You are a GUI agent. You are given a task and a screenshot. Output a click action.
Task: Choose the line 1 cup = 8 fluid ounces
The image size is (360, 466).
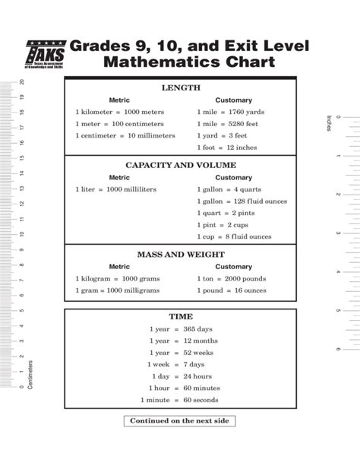tap(234, 236)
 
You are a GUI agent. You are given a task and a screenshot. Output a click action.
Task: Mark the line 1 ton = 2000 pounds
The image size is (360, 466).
tap(229, 279)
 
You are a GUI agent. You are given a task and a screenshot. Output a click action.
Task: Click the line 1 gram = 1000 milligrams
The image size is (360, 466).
tap(117, 290)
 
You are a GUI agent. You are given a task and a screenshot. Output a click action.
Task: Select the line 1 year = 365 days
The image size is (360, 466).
tap(183, 328)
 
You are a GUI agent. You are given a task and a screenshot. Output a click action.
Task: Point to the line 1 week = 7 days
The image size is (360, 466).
tap(183, 364)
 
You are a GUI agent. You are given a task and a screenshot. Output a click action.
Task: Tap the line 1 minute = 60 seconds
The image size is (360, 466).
tap(179, 400)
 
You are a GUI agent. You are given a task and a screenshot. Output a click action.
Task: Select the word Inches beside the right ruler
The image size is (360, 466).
tap(328, 122)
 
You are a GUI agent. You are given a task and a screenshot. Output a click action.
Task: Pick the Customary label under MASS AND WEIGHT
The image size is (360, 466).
tap(234, 267)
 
